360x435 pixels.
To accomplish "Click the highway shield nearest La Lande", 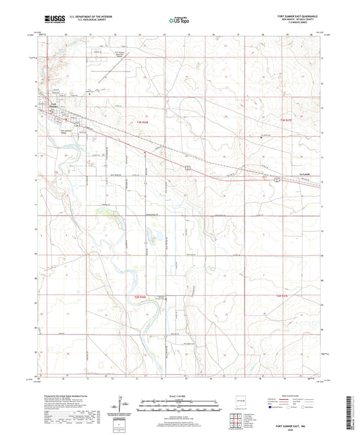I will pos(277,180).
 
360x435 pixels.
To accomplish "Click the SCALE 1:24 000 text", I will pos(179,386).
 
